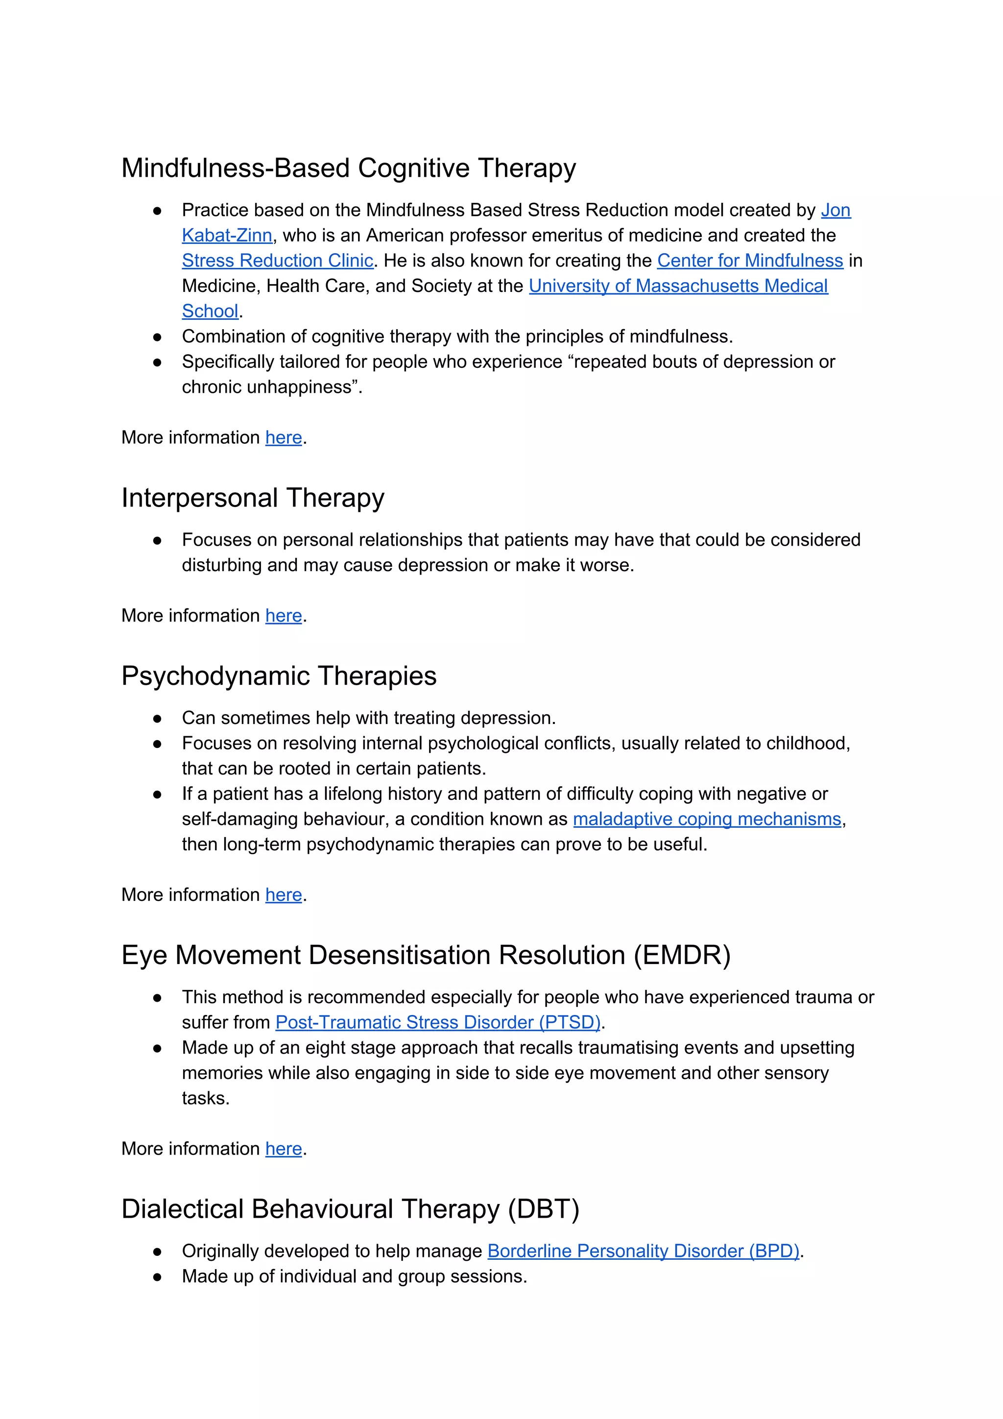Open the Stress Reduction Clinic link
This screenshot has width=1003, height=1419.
point(277,261)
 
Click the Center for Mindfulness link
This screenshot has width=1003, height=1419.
point(750,261)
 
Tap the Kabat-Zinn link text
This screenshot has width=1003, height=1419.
point(227,236)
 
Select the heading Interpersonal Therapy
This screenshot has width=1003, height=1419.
point(252,498)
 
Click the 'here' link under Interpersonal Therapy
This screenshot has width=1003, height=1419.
point(283,616)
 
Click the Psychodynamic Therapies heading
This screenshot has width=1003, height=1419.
point(278,676)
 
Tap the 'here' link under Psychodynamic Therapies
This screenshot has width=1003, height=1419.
point(283,895)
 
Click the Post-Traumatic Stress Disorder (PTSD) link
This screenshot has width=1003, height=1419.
point(437,1022)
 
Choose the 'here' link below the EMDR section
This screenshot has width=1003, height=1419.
point(283,1149)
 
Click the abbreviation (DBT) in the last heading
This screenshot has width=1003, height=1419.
point(543,1209)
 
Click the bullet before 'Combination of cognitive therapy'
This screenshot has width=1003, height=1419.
point(157,337)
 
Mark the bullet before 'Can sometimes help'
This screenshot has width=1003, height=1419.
point(157,719)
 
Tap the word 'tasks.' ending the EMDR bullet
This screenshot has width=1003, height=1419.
point(205,1098)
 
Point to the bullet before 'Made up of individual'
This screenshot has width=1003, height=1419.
point(157,1277)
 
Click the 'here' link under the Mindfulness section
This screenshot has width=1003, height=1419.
point(283,437)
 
